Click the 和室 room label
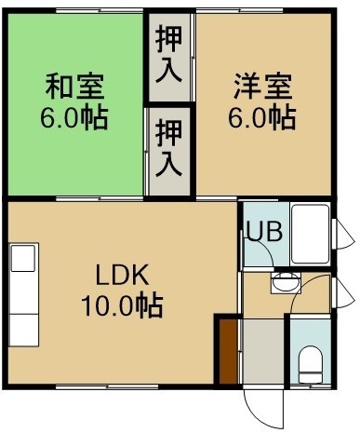[74, 86]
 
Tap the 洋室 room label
[262, 86]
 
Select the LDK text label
[122, 275]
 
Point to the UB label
[264, 231]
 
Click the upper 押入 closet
[169, 58]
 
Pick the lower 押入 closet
[169, 152]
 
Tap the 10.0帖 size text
[122, 305]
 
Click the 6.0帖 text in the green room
[74, 117]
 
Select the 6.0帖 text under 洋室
[262, 117]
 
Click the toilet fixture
[311, 364]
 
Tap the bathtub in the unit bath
[310, 234]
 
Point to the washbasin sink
[286, 282]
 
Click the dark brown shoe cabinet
[229, 352]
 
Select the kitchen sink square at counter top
[23, 258]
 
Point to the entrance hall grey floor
[263, 352]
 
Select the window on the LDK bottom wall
[107, 386]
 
